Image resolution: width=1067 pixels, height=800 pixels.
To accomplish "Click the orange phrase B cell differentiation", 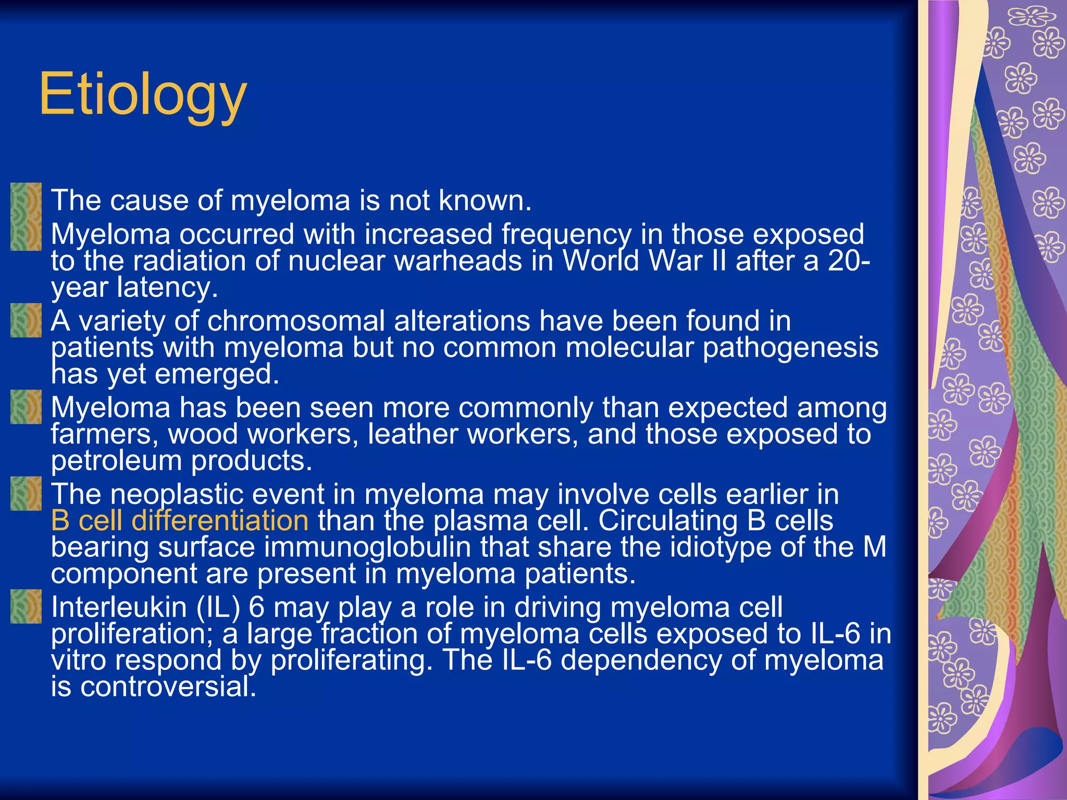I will click(x=180, y=521).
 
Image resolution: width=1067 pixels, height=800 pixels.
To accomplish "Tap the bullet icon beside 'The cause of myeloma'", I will click(x=26, y=199).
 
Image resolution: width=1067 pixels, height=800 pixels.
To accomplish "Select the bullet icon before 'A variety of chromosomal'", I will click(x=26, y=320).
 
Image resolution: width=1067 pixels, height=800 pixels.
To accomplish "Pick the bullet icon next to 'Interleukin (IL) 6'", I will click(x=26, y=606).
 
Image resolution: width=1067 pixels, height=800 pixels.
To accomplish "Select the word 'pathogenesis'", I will click(x=790, y=348).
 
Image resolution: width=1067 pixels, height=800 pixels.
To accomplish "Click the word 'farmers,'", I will click(x=105, y=434).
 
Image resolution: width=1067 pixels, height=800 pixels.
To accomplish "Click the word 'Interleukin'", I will click(x=119, y=607).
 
